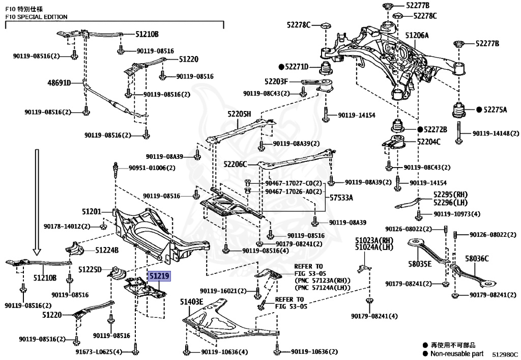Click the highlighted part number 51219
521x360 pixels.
[160, 276]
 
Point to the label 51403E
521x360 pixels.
[191, 302]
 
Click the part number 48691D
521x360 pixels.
[59, 82]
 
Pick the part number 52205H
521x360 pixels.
[240, 115]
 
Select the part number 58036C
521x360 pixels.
[476, 259]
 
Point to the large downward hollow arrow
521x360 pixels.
[37, 201]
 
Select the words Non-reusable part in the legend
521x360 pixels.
[456, 353]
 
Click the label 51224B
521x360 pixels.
[106, 250]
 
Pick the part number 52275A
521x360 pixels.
[496, 109]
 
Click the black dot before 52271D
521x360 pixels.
[280, 67]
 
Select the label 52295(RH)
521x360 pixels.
[450, 194]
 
